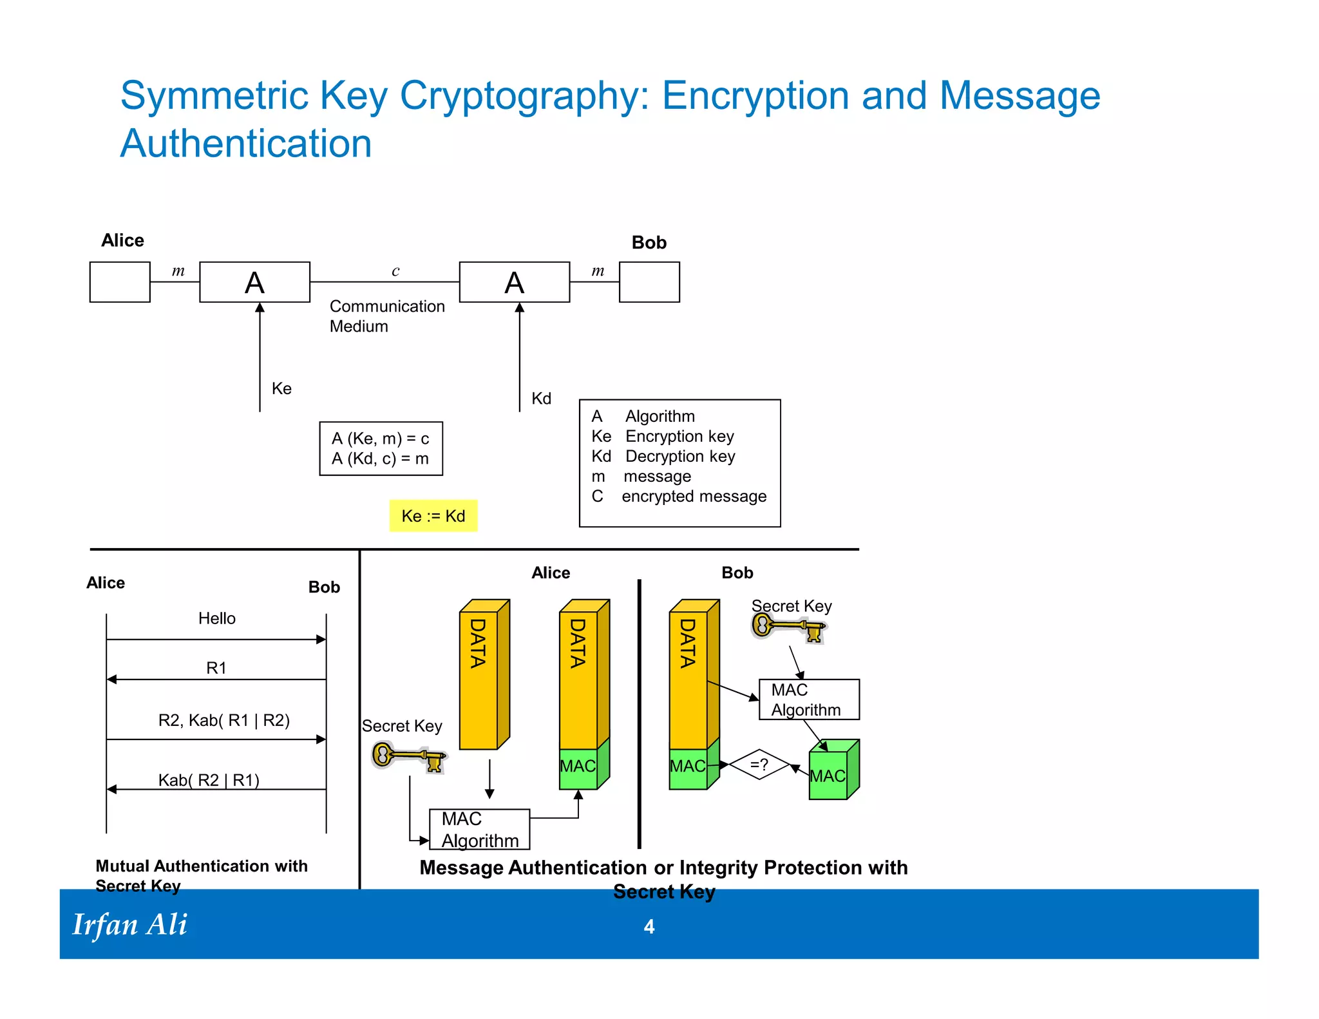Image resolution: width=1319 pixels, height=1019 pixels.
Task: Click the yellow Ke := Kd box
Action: [x=433, y=516]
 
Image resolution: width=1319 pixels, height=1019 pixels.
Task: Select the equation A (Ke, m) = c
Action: [x=380, y=439]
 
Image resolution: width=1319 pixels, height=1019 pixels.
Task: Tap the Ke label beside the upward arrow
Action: [x=281, y=388]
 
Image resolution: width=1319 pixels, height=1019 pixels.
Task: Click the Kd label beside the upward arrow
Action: [x=541, y=398]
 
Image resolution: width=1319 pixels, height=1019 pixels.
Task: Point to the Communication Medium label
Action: [x=386, y=316]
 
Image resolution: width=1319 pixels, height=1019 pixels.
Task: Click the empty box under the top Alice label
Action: [x=120, y=282]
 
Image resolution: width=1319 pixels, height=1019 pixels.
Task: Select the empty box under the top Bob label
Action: [x=649, y=282]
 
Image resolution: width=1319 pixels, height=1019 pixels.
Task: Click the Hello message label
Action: [x=216, y=618]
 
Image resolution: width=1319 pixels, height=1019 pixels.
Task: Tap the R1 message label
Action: [x=216, y=668]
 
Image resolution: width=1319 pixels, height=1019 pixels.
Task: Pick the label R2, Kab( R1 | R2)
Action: [x=223, y=720]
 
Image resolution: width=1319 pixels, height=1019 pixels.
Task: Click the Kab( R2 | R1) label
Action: [x=209, y=780]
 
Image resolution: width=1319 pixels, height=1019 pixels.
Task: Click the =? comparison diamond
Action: [x=759, y=765]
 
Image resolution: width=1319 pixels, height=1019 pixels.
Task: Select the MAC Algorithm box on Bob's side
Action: [x=808, y=700]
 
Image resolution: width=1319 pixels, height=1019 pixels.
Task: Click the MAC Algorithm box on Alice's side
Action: [x=479, y=830]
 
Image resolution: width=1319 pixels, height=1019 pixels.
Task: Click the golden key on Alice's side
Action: [x=409, y=756]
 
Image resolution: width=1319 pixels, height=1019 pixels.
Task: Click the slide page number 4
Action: [x=649, y=926]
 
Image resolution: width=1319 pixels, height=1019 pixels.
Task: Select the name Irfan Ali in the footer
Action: [x=129, y=925]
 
